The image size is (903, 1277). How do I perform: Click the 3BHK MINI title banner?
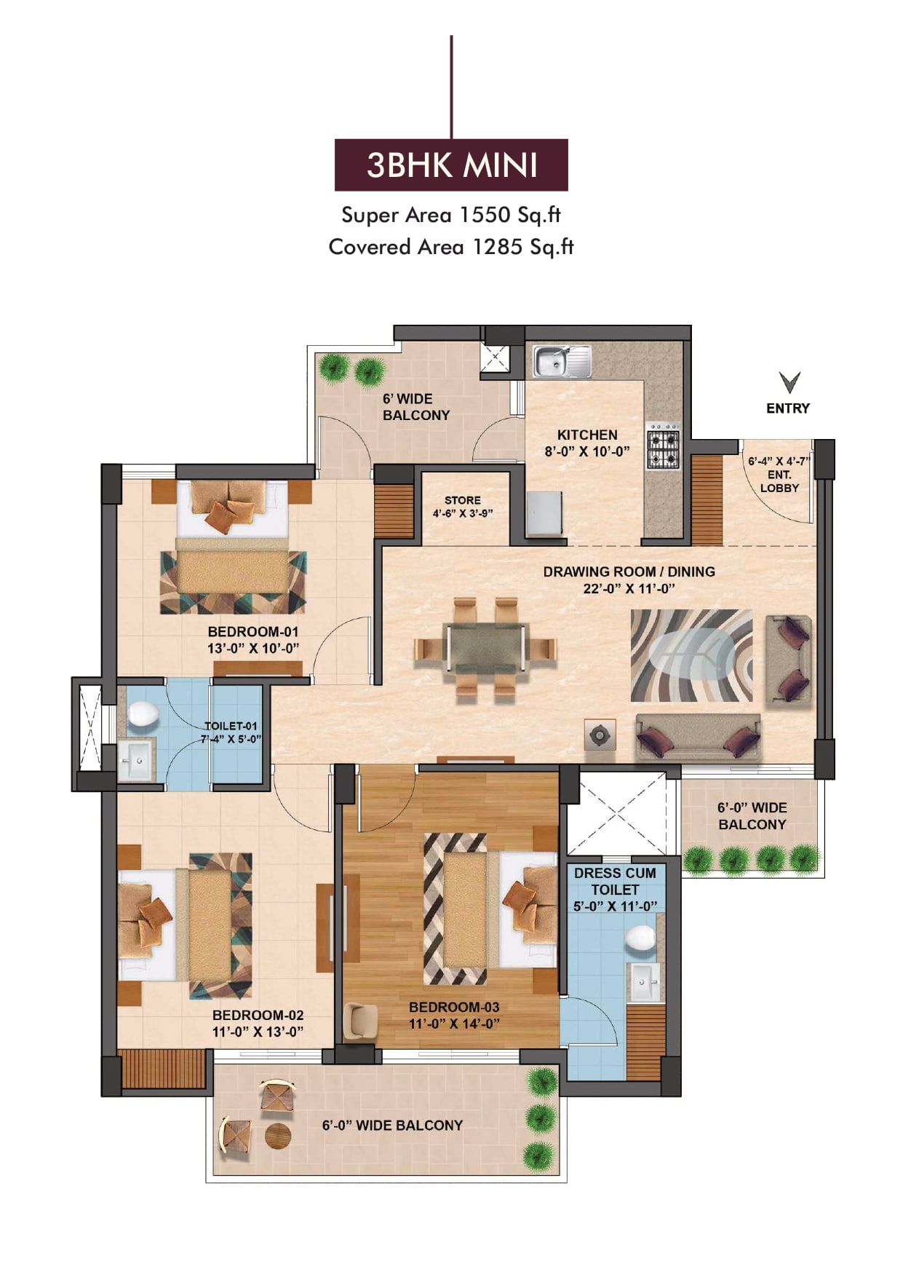click(x=451, y=165)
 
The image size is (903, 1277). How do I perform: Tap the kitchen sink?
click(x=562, y=362)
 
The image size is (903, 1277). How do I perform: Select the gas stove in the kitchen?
click(x=663, y=445)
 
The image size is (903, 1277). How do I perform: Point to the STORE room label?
click(x=463, y=500)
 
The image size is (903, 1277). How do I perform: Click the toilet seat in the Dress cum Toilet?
click(x=641, y=938)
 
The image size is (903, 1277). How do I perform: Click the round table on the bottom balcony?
click(x=278, y=1136)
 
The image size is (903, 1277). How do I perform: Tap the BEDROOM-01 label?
click(x=253, y=632)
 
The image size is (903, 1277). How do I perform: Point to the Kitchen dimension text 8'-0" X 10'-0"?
click(x=587, y=451)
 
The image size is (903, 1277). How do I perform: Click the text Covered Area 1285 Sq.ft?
click(x=451, y=247)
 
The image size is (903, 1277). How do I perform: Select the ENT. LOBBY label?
click(x=779, y=481)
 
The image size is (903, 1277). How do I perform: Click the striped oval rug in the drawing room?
click(x=691, y=655)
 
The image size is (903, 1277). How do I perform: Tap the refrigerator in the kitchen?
click(x=545, y=515)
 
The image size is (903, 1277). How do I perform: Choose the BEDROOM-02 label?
click(x=258, y=1015)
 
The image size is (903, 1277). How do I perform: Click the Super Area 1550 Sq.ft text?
click(x=451, y=215)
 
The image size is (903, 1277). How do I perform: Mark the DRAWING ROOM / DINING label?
click(x=629, y=572)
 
